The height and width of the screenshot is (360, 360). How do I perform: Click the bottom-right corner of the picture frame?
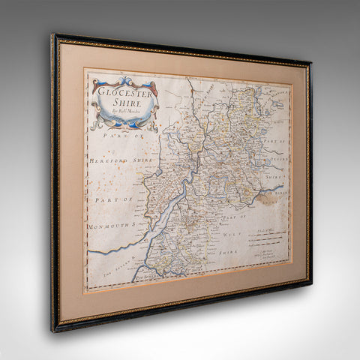click(308, 286)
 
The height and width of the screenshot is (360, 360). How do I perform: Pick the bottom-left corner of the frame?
click(54, 330)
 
